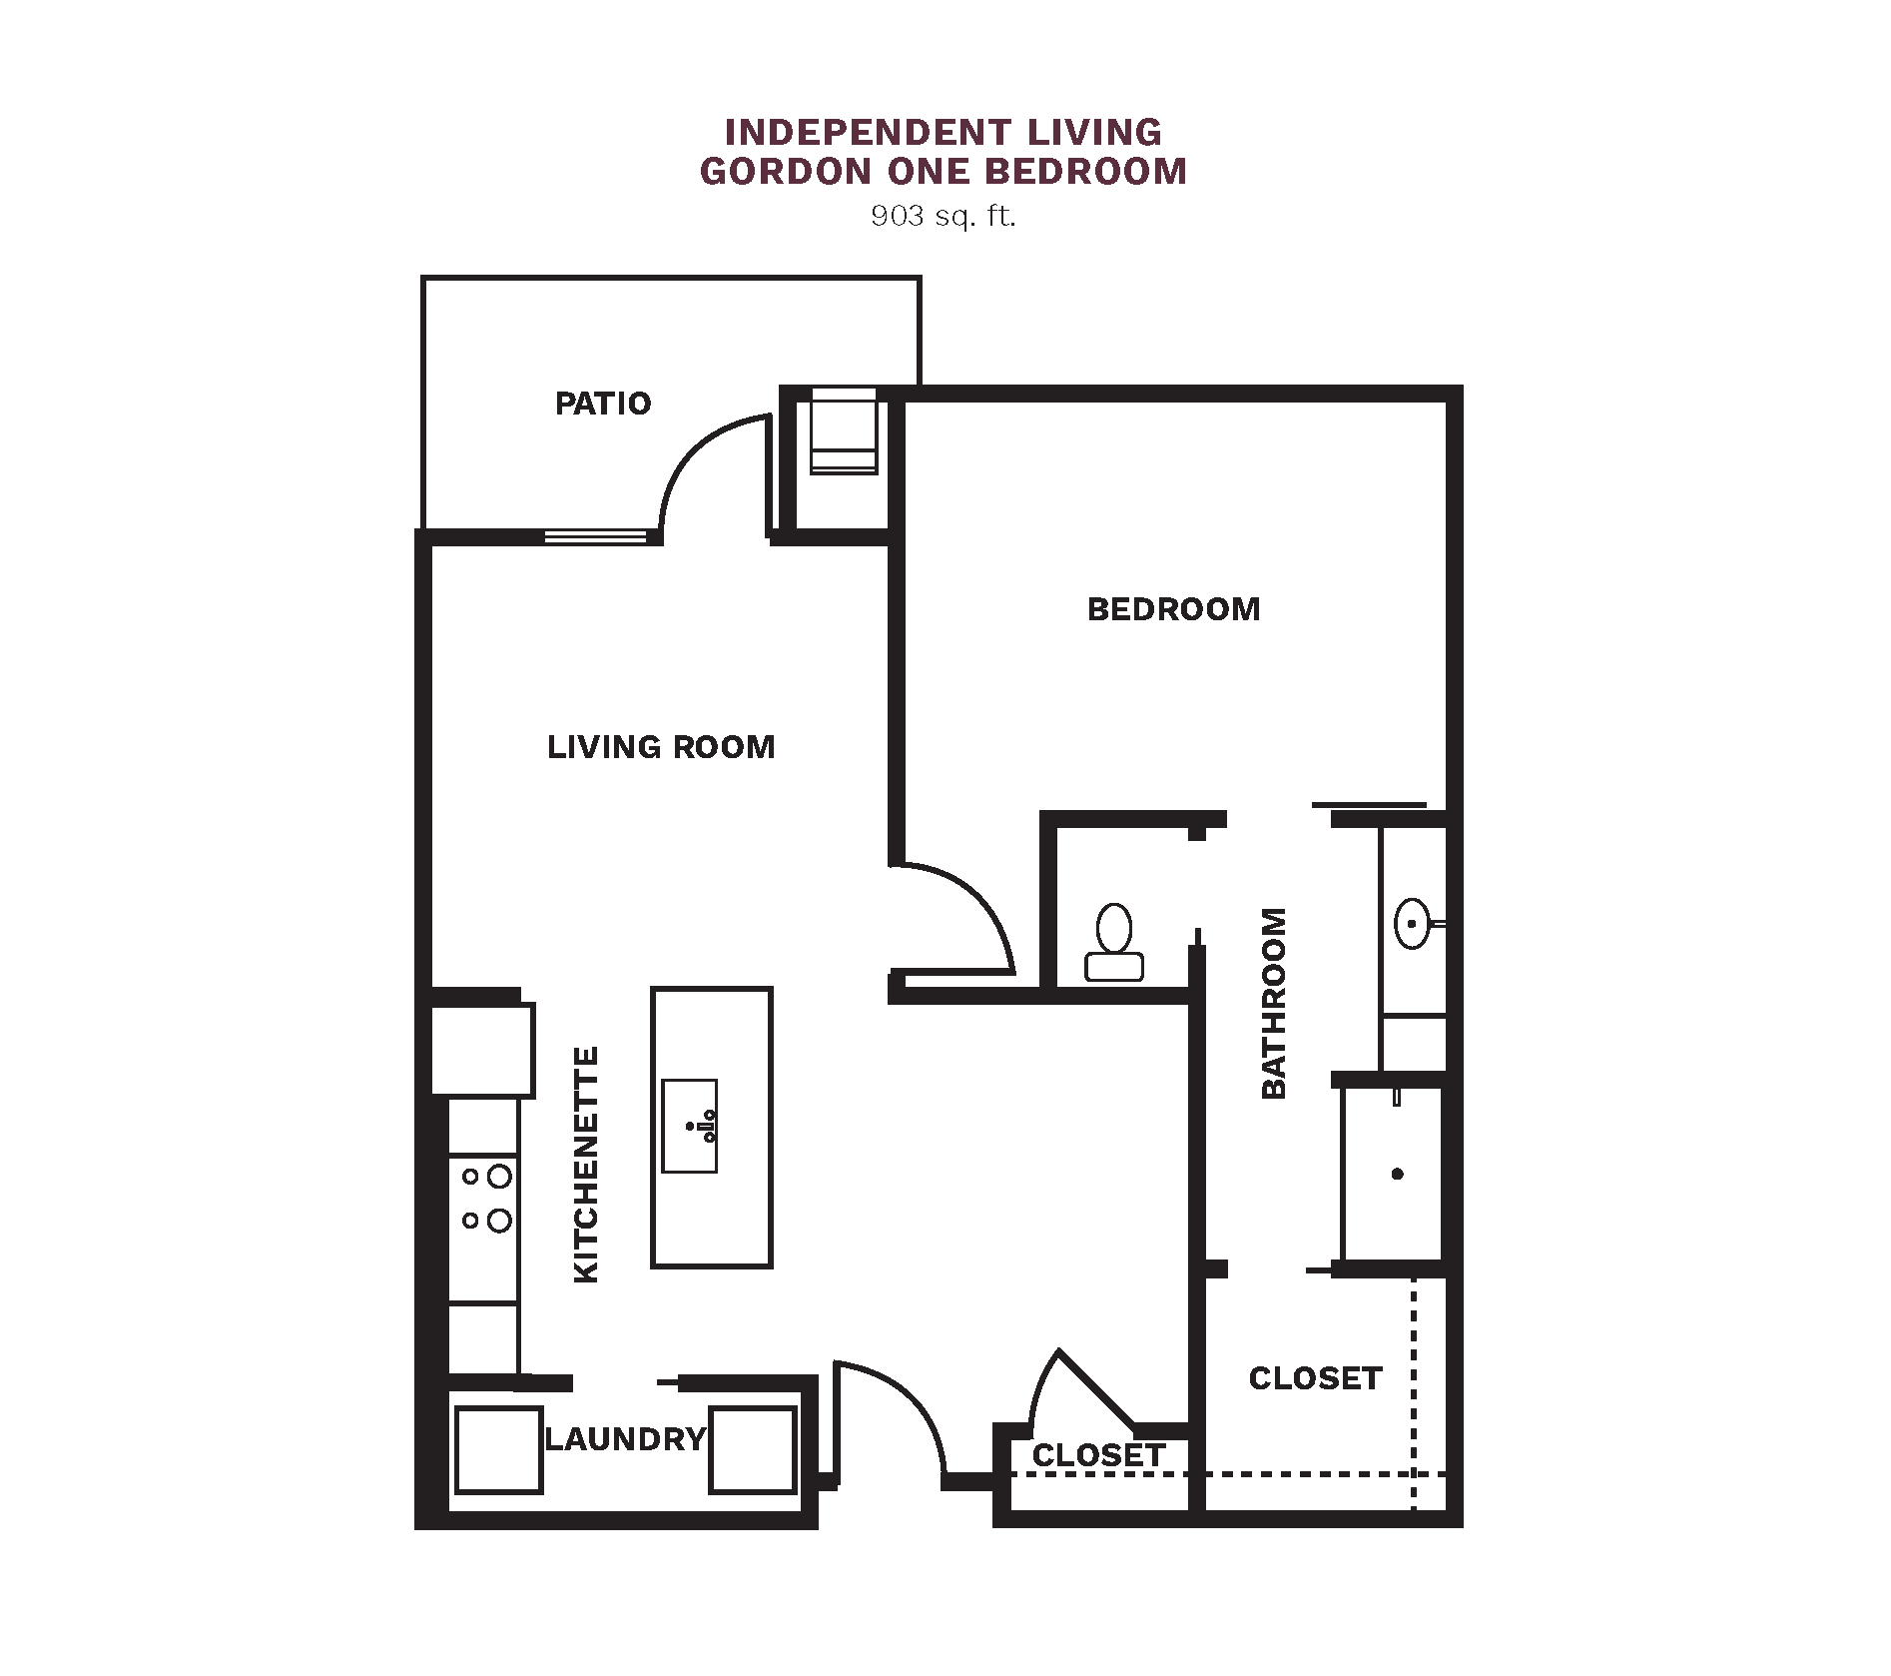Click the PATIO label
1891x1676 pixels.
(603, 404)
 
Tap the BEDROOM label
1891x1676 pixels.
(1174, 609)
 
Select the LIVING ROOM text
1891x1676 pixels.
(661, 747)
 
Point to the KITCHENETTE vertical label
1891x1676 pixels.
(586, 1165)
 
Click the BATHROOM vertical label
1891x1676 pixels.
(1274, 1003)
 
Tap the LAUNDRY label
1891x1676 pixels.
(626, 1439)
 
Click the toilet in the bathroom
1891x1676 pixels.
(1114, 942)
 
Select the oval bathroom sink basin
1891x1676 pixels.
(1412, 924)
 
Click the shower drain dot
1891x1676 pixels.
(1398, 1174)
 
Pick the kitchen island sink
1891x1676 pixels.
(690, 1126)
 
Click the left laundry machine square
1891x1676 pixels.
(498, 1449)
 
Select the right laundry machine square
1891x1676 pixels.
(753, 1449)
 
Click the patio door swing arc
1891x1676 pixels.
(694, 448)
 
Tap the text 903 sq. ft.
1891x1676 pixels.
(944, 216)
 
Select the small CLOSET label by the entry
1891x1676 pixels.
(1098, 1455)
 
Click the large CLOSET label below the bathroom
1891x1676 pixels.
(1316, 1378)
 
